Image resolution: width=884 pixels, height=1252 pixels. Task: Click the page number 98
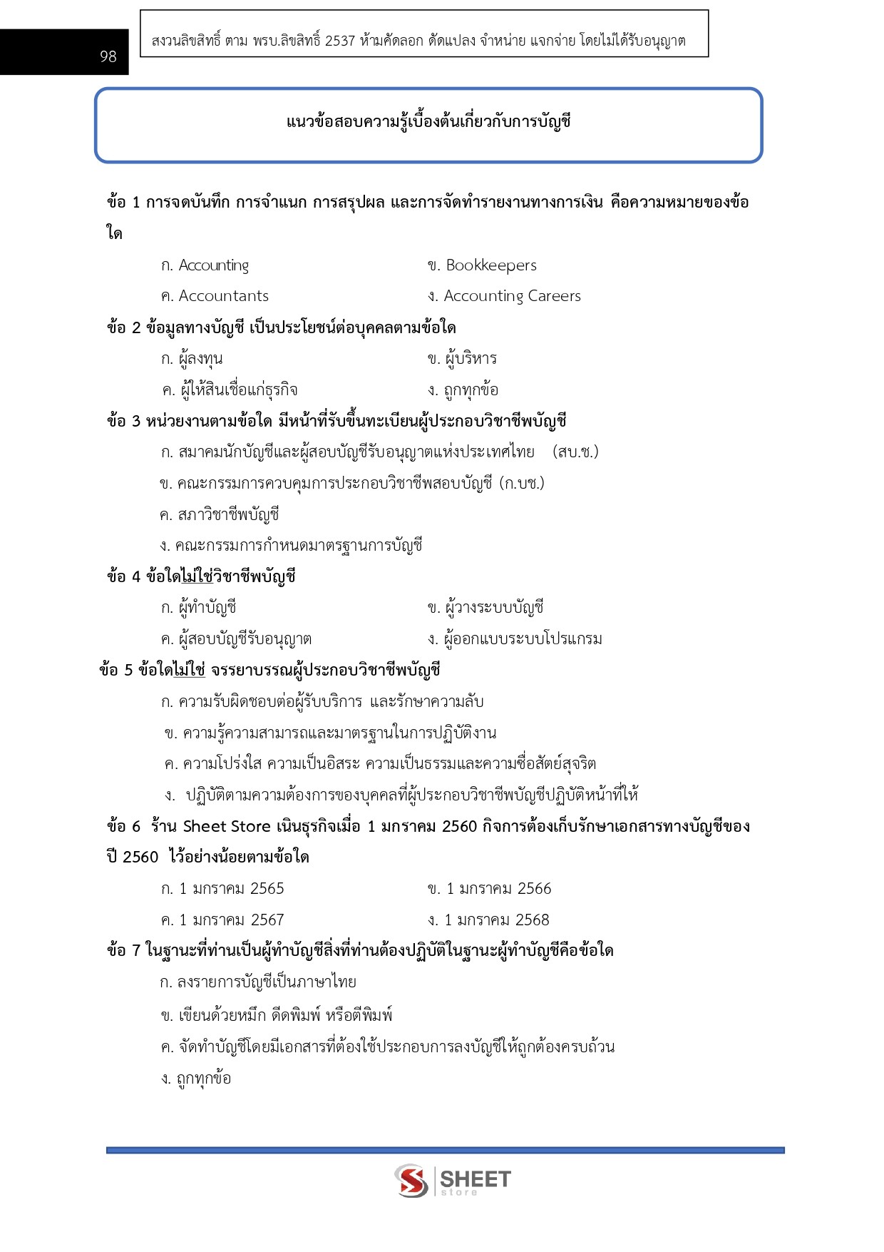click(108, 56)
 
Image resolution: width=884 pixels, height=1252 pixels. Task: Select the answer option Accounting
click(213, 265)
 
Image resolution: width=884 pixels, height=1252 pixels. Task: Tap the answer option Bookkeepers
click(490, 265)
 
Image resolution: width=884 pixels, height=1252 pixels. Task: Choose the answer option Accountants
click(223, 296)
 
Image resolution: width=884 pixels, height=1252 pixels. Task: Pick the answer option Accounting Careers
click(512, 296)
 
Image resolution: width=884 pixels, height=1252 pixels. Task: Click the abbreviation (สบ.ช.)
click(575, 452)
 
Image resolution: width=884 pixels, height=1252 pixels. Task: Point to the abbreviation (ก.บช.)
click(522, 483)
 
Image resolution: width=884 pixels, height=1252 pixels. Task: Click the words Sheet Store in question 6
click(227, 827)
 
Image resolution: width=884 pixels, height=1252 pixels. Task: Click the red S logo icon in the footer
click(411, 1180)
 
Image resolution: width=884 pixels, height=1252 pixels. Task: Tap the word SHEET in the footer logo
click(475, 1179)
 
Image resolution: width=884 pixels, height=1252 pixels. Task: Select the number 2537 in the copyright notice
click(339, 41)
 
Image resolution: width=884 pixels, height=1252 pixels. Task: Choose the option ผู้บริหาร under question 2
click(471, 359)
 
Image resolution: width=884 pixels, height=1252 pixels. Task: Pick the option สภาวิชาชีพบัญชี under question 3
click(228, 514)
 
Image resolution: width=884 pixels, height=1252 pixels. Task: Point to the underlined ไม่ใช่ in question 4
click(197, 576)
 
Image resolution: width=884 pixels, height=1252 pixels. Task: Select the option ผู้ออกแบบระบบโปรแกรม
click(523, 639)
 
